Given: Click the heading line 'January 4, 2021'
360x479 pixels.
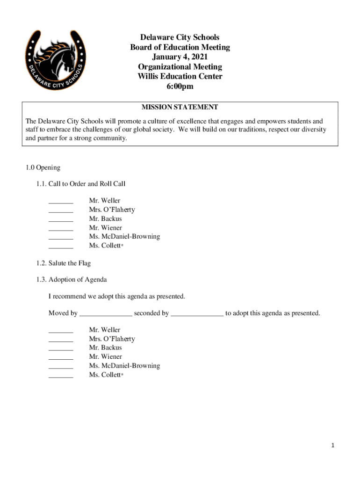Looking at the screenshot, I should [180, 57].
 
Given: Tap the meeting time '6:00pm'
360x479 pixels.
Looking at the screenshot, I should [180, 87].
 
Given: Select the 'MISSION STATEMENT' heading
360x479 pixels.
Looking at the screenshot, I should [180, 107].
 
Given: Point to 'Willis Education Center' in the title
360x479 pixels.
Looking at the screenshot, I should [180, 77].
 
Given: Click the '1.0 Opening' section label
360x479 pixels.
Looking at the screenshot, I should [43, 167].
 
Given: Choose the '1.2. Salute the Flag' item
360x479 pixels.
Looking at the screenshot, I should [64, 263].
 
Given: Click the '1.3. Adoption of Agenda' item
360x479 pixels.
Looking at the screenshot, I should [72, 280].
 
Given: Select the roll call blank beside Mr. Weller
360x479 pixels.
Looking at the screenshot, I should [61, 203].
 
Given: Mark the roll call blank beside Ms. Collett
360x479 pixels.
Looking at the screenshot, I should [61, 247].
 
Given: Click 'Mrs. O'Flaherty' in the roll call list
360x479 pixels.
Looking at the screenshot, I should [112, 210].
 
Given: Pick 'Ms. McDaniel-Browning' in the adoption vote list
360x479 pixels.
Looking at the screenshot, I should [124, 366].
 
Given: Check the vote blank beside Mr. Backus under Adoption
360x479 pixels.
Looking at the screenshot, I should [61, 349].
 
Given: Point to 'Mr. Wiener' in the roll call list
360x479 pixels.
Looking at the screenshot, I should [105, 228].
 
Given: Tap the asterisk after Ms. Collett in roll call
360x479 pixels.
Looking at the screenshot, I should [122, 245].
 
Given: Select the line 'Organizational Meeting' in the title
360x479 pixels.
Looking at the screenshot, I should [180, 67].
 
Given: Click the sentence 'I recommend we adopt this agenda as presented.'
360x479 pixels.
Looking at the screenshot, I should [117, 297].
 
